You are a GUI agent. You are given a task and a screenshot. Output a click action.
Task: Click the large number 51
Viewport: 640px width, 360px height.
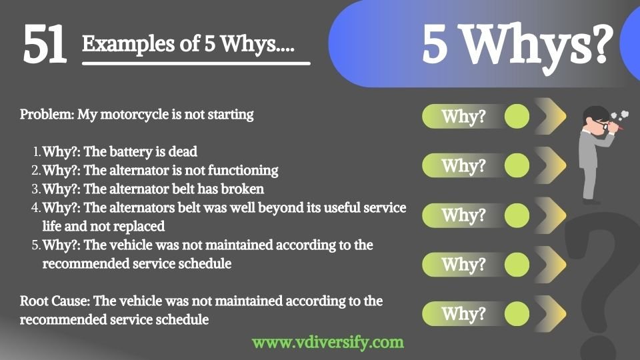click(45, 44)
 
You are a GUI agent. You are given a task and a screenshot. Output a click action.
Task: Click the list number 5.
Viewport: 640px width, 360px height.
click(36, 245)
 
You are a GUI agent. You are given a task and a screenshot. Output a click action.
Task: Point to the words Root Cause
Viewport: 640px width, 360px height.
click(54, 301)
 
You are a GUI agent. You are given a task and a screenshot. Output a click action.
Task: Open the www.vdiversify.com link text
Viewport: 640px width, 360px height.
click(328, 343)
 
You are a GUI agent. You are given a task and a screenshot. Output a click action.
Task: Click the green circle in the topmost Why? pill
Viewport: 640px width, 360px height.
click(517, 116)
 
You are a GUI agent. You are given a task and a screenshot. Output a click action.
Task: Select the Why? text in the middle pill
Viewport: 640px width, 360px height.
click(464, 215)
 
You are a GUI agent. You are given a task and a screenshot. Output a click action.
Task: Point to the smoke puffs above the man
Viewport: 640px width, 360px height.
click(621, 115)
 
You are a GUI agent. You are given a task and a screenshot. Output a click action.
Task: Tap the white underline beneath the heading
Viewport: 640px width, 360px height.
click(196, 63)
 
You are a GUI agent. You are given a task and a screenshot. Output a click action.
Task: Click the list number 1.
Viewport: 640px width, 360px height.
click(37, 152)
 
